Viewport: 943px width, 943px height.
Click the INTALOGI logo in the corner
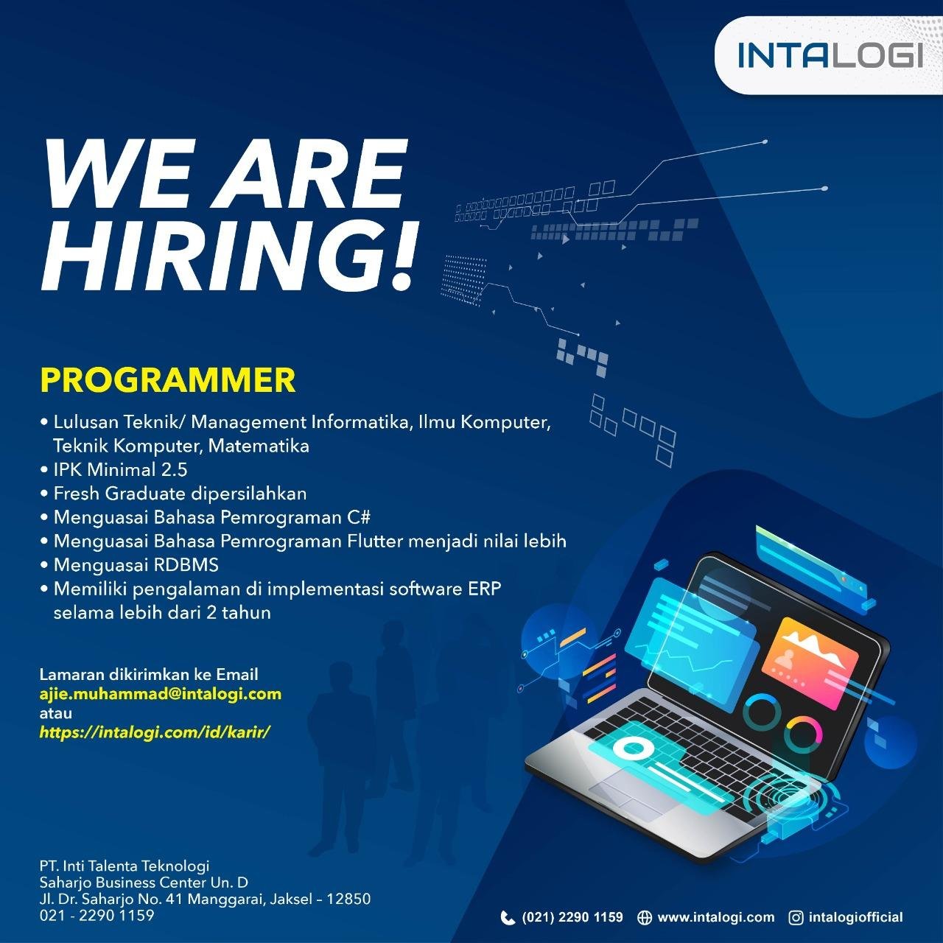[830, 55]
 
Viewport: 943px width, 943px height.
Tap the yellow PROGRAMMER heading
[168, 380]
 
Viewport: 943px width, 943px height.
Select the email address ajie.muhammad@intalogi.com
[161, 693]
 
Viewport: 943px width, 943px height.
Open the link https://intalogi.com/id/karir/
[155, 732]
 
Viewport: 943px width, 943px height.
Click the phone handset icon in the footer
[508, 918]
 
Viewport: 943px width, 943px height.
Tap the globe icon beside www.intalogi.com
[644, 918]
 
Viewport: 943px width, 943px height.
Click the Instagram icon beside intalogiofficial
[796, 918]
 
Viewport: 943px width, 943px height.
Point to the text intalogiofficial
[855, 917]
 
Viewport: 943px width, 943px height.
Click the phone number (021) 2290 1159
[572, 917]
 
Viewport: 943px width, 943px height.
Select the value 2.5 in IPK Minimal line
[174, 470]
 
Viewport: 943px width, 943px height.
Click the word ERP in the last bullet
[484, 589]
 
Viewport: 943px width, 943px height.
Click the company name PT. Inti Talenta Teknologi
[125, 866]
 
